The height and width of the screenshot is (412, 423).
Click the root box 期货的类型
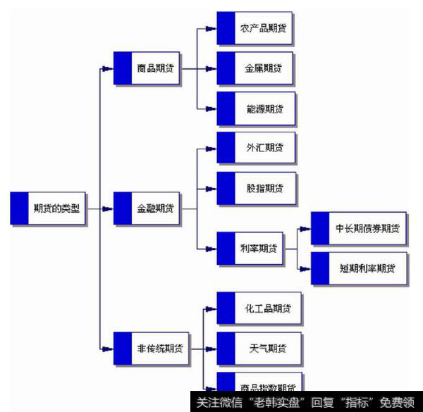point(49,208)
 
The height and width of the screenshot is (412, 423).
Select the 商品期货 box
point(147,68)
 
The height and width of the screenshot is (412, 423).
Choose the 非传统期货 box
point(152,349)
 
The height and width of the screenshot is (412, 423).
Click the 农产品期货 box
point(255,29)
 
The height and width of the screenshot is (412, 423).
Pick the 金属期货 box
point(255,68)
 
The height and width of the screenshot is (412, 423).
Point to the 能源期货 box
point(255,108)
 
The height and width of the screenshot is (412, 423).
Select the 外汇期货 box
point(255,148)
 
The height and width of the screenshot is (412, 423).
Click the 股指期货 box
point(255,188)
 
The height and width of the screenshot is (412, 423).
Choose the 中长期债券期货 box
point(359,228)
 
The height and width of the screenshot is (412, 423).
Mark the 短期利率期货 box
point(359,268)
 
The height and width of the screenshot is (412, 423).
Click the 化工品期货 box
point(259,308)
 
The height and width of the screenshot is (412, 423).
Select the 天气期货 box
point(259,349)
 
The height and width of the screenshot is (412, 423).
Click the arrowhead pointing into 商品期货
point(107,68)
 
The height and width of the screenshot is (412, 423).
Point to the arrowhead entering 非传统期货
point(107,349)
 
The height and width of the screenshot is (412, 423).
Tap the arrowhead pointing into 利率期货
point(210,248)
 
